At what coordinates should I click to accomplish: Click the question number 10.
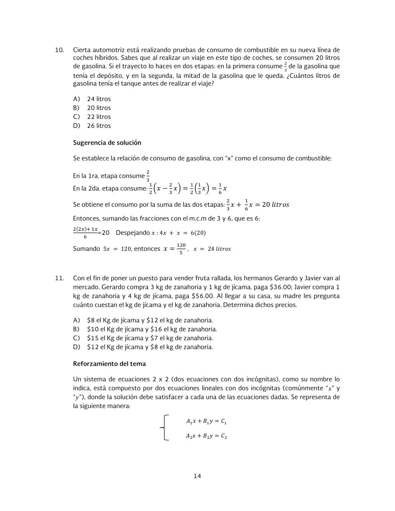click(59, 50)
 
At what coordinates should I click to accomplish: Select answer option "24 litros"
click(99, 99)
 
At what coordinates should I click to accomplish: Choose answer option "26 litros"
click(99, 126)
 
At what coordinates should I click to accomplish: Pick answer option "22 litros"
click(99, 117)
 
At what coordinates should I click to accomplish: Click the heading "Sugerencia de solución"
click(107, 143)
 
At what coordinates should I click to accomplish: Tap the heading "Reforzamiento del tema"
click(109, 364)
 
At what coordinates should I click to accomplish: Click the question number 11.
click(59, 278)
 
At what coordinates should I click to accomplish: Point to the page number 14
click(197, 476)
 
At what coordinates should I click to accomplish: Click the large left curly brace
click(164, 428)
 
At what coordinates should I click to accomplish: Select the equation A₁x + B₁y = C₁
click(206, 421)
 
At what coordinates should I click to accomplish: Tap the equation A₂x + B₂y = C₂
click(206, 436)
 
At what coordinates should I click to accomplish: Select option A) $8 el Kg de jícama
click(150, 320)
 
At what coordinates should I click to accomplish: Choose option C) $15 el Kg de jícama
click(150, 338)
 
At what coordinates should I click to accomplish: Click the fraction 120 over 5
click(181, 249)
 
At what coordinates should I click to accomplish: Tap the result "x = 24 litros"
click(212, 249)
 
